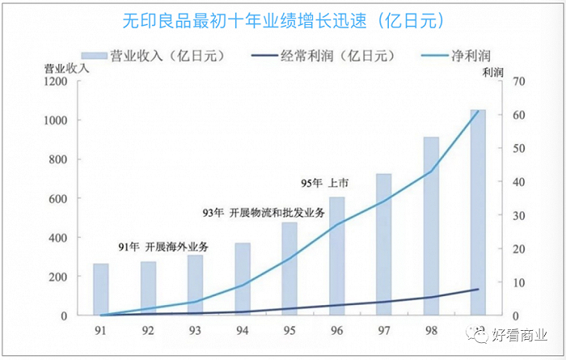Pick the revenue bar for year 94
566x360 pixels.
[x=243, y=278]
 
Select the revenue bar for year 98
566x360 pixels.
[x=431, y=226]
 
